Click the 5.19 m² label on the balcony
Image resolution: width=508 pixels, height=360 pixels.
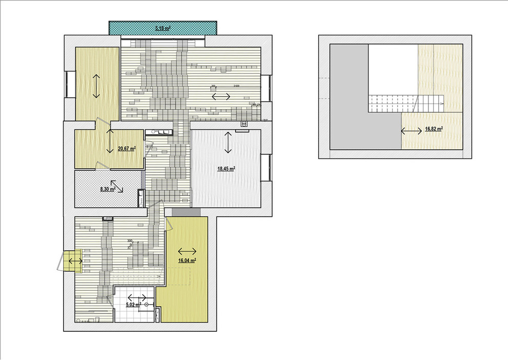pyautogui.click(x=163, y=29)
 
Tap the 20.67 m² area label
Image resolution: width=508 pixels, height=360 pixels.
pyautogui.click(x=126, y=149)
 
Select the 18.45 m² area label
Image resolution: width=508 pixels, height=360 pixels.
pyautogui.click(x=226, y=168)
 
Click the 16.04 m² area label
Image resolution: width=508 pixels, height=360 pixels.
pyautogui.click(x=187, y=261)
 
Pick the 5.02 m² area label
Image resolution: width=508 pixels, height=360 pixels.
pyautogui.click(x=133, y=304)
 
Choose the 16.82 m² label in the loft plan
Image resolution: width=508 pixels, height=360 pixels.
pyautogui.click(x=434, y=130)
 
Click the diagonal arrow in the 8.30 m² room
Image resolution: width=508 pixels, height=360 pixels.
pyautogui.click(x=117, y=186)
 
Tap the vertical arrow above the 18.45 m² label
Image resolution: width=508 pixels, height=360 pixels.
pyautogui.click(x=228, y=142)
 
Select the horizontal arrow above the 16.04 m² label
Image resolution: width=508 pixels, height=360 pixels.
pyautogui.click(x=187, y=251)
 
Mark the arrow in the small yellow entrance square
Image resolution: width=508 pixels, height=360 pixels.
pyautogui.click(x=73, y=261)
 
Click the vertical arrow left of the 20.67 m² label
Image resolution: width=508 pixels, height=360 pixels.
pyautogui.click(x=109, y=141)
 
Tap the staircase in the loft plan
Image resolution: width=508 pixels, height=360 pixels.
pyautogui.click(x=405, y=104)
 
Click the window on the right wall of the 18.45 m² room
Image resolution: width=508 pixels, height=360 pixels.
pyautogui.click(x=266, y=168)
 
